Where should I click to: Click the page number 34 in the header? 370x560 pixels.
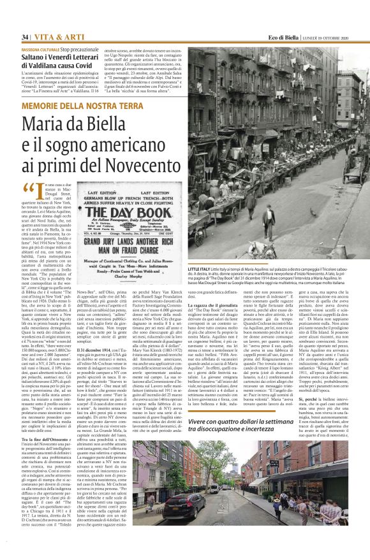(25, 38)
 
